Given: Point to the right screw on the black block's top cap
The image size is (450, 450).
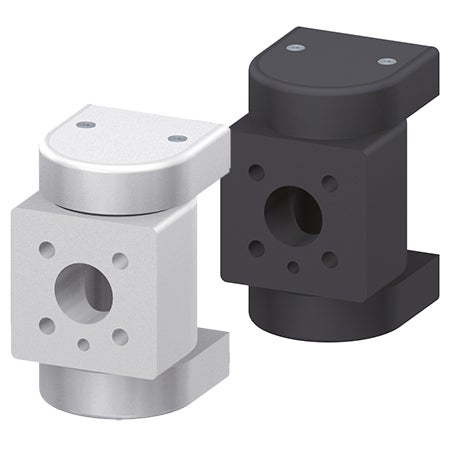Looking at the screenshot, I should click(x=386, y=61).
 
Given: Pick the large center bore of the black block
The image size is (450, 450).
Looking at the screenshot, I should click(x=291, y=212).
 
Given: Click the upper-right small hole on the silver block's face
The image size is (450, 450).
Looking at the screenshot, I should click(x=120, y=261).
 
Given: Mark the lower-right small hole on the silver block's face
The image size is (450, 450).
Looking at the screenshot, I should click(x=120, y=337).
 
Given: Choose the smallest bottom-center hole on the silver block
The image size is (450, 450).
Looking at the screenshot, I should click(x=83, y=345).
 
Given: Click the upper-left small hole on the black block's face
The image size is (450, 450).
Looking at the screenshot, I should click(x=257, y=172).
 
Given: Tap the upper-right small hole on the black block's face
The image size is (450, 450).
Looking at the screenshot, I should click(x=329, y=183).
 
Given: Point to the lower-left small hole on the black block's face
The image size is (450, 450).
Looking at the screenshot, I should click(x=257, y=247).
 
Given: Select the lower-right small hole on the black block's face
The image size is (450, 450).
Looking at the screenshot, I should click(x=329, y=259).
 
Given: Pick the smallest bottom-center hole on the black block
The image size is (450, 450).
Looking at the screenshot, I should click(x=292, y=267).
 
